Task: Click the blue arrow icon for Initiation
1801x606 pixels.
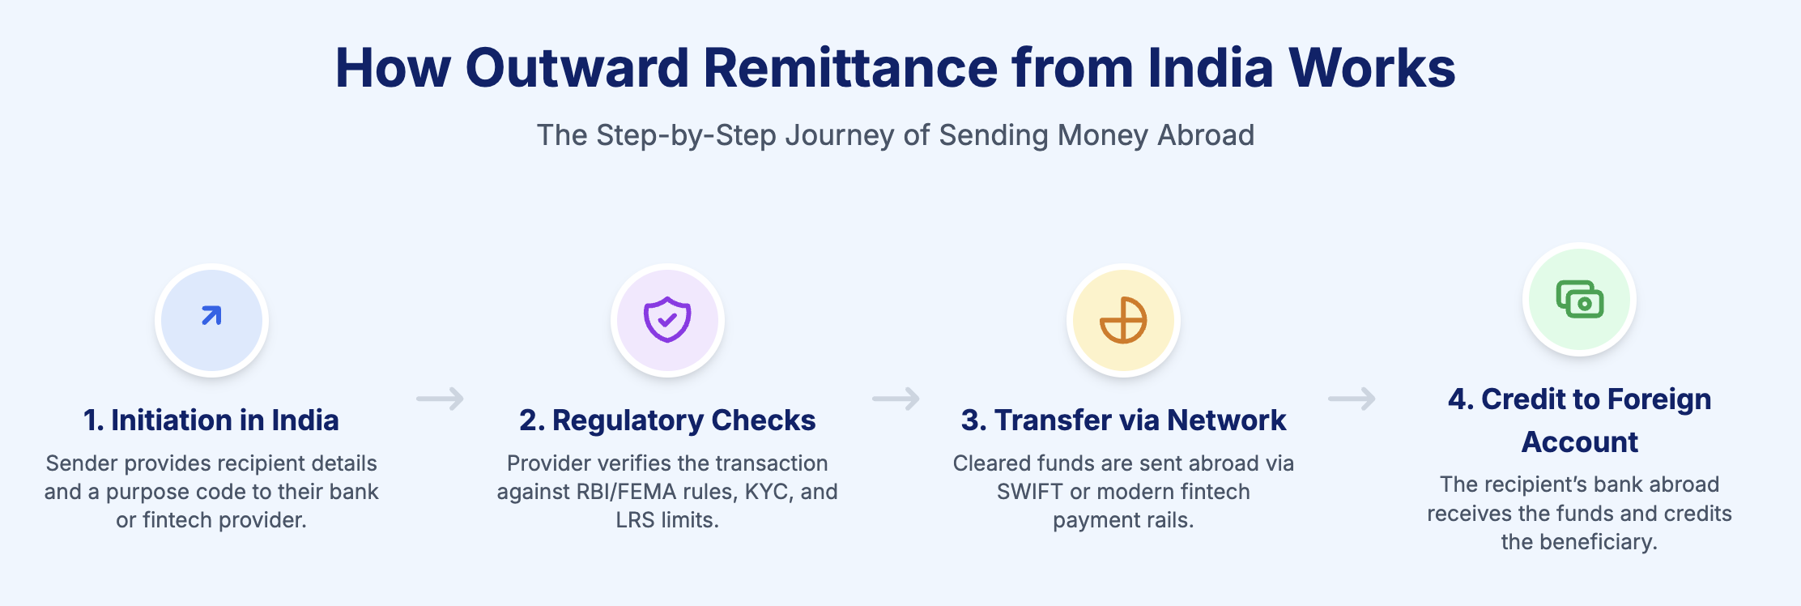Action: (x=211, y=316)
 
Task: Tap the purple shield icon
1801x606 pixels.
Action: (x=667, y=319)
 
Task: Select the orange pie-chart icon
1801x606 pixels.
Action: (x=1123, y=320)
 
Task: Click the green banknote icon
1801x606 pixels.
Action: (x=1579, y=299)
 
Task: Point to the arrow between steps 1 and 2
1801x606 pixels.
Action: (x=440, y=399)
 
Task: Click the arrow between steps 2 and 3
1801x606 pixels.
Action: (x=896, y=399)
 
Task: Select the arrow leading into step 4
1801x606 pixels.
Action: (x=1352, y=399)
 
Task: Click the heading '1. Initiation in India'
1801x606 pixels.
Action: (x=211, y=420)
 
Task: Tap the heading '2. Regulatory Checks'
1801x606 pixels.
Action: (x=667, y=420)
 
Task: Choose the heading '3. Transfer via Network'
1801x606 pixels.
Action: (x=1123, y=420)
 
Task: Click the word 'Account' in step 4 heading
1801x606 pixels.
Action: (x=1579, y=442)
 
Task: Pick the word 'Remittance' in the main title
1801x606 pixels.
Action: (x=850, y=67)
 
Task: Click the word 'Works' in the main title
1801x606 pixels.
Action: (x=1372, y=67)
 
